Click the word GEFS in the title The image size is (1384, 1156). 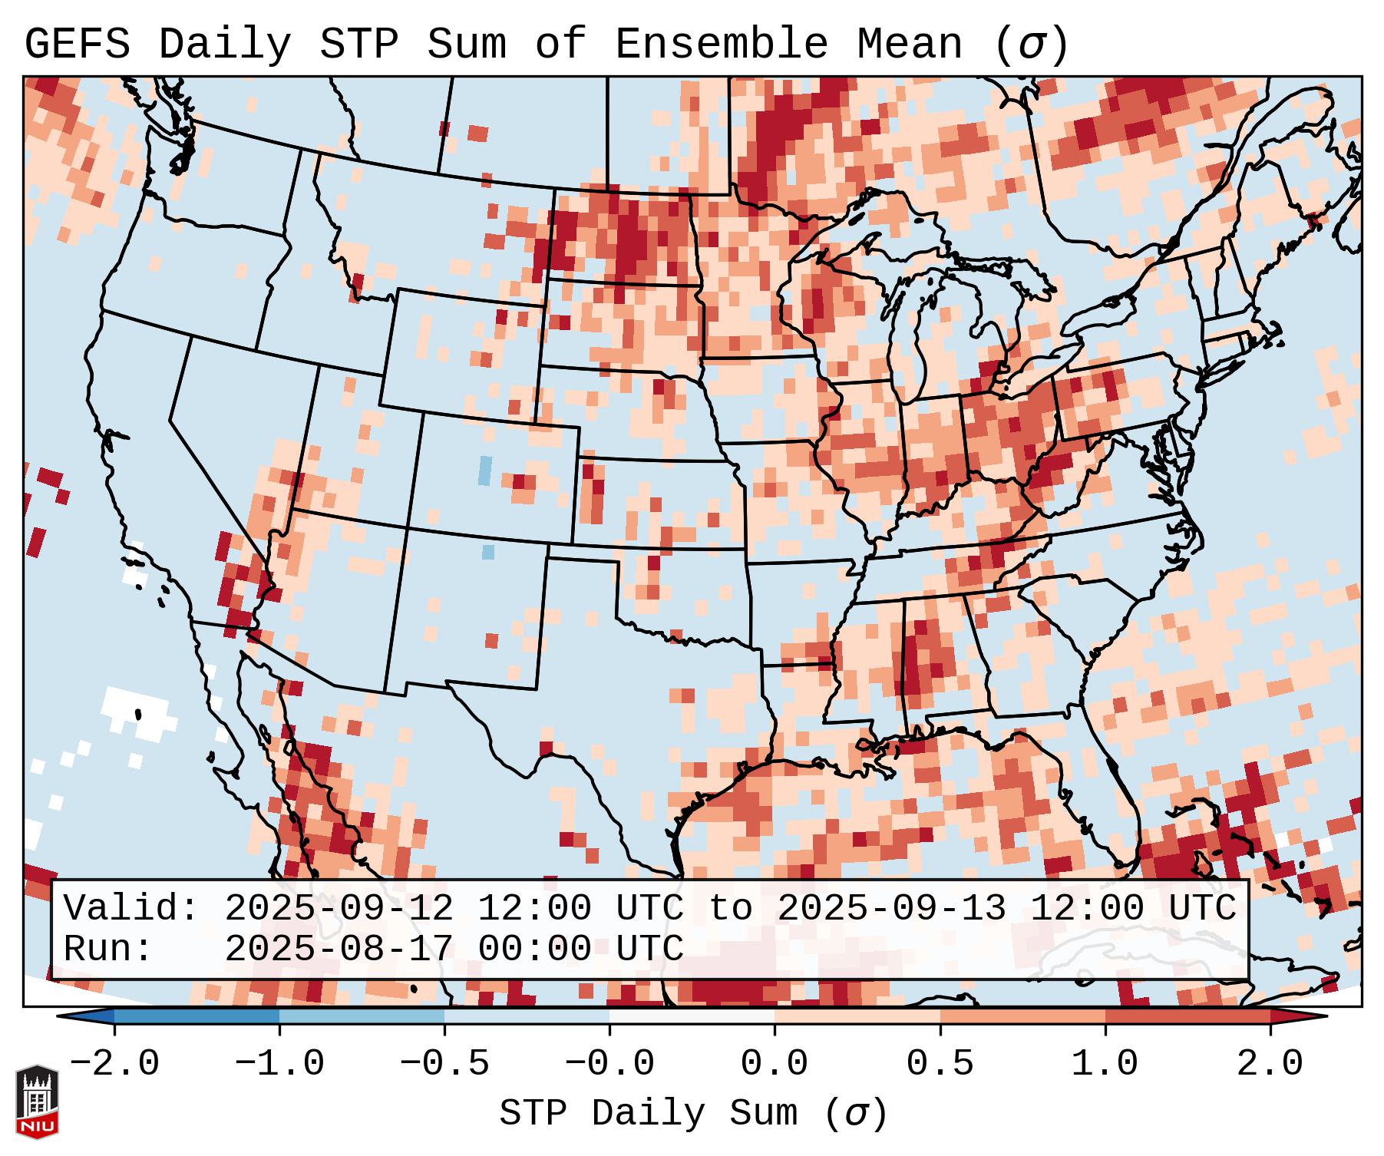pos(77,45)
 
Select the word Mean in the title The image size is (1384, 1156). pos(910,45)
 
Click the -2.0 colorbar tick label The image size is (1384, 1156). pos(114,1064)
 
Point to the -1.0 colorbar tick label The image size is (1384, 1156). pos(279,1064)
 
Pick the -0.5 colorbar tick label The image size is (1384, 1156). pos(444,1064)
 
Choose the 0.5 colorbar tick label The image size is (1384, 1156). pos(940,1064)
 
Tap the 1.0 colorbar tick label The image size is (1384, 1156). pos(1105,1064)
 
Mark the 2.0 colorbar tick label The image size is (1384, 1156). pos(1270,1064)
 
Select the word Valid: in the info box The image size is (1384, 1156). pos(131,909)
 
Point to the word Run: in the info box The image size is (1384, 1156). pos(108,950)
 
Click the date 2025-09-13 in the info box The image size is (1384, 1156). pos(891,909)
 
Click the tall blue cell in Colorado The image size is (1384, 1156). pos(484,470)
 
